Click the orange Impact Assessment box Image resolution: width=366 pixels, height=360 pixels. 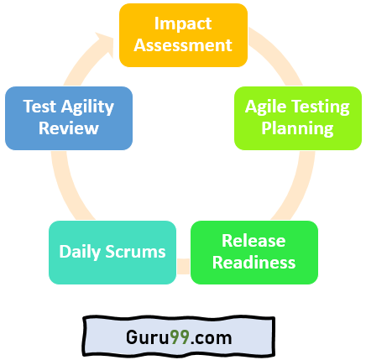point(183,34)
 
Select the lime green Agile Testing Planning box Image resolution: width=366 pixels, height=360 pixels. point(297,118)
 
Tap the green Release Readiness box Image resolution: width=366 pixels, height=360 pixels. point(254,252)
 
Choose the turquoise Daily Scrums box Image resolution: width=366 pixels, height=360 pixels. point(112,252)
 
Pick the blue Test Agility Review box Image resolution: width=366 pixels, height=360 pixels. point(68,118)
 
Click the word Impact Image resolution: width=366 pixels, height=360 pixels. point(183,23)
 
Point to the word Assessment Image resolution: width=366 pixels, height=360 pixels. point(183,45)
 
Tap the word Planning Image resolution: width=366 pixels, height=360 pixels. point(297,129)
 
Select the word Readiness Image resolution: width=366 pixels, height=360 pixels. point(254,263)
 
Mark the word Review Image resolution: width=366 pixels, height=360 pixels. point(68,129)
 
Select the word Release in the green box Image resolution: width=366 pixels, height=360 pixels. point(254,241)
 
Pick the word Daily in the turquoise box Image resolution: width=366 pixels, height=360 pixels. point(81,252)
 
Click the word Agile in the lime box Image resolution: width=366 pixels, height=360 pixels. point(268,107)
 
